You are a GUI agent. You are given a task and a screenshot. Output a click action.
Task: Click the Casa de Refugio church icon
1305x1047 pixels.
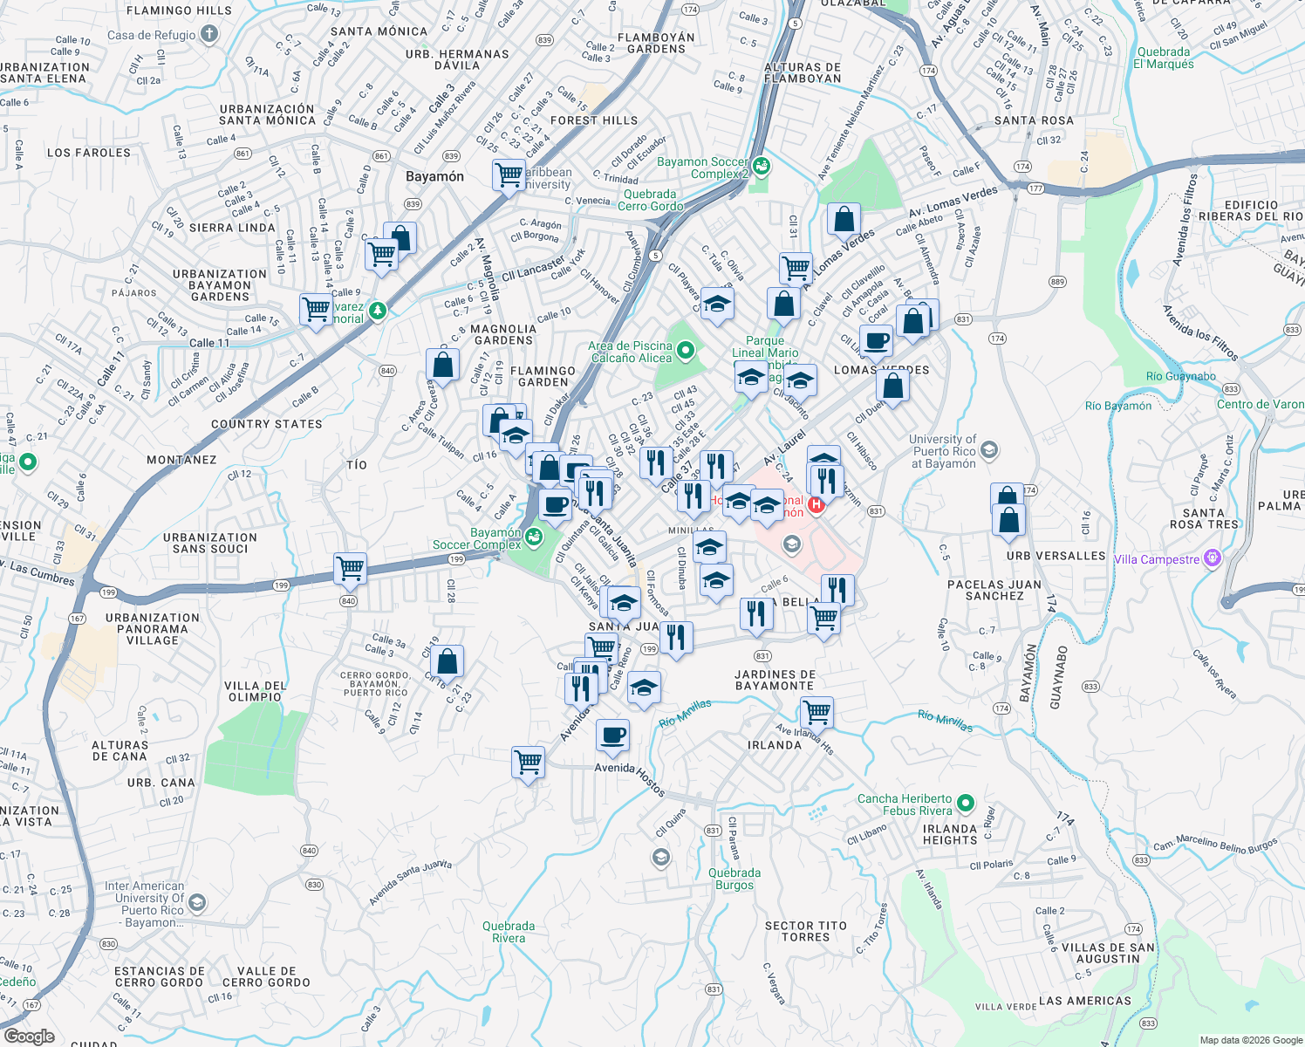208,34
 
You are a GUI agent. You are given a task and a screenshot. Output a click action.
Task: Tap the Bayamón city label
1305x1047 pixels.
434,176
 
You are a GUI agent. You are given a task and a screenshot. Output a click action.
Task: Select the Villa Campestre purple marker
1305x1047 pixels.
1212,558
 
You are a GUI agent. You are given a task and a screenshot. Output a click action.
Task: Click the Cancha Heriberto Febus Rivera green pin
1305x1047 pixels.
965,803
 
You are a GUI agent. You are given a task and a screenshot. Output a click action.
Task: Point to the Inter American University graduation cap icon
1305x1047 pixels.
197,902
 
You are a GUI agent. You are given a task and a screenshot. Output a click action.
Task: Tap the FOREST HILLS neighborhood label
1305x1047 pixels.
594,120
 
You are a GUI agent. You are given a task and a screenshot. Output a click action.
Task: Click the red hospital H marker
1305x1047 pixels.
816,504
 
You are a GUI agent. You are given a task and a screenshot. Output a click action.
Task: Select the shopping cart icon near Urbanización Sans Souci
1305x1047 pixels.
350,569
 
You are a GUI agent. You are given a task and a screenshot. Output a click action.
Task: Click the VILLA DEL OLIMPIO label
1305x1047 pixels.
255,691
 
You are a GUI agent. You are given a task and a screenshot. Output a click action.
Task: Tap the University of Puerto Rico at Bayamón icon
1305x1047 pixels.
988,450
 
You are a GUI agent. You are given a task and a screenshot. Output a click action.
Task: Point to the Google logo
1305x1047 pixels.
29,1037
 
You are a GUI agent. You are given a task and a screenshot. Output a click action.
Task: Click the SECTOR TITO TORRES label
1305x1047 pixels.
805,931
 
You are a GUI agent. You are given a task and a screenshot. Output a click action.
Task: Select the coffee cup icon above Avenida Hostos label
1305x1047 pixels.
613,735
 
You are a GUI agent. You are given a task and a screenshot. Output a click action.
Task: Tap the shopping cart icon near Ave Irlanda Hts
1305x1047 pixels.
817,712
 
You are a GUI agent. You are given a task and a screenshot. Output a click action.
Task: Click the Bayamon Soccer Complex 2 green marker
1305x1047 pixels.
762,165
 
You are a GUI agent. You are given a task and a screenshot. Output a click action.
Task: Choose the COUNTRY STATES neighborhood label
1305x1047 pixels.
267,424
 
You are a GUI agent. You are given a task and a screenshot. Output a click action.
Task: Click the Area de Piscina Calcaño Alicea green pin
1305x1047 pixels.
686,351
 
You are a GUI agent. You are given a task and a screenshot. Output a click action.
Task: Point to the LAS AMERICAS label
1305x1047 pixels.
1085,1001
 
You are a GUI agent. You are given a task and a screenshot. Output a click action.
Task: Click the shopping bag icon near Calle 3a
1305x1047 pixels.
447,662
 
